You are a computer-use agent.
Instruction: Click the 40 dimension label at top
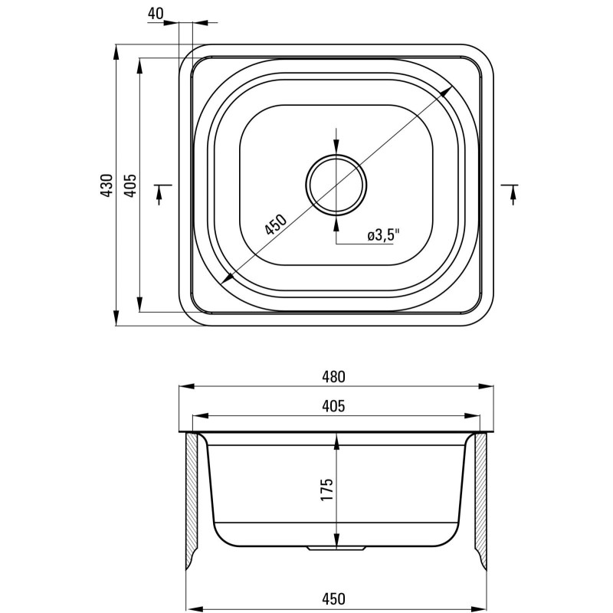point(156,14)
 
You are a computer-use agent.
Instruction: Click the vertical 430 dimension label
point(107,185)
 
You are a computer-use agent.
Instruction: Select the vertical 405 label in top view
point(130,185)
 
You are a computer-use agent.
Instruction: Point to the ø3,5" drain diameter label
point(385,236)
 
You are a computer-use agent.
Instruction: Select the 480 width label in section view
point(333,376)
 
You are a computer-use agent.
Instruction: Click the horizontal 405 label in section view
point(333,406)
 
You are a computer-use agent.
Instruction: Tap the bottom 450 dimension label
point(333,598)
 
